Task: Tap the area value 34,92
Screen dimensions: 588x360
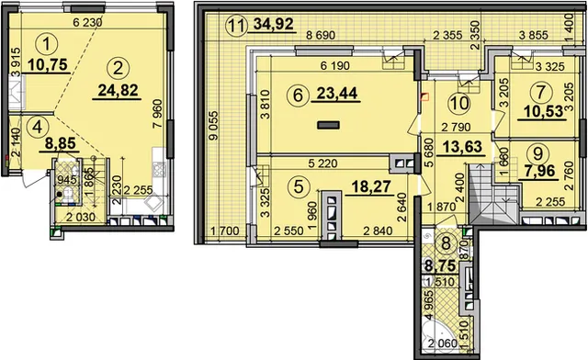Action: pyautogui.click(x=274, y=25)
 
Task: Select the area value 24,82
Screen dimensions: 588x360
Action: pyautogui.click(x=118, y=90)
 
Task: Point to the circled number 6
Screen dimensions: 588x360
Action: pyautogui.click(x=298, y=95)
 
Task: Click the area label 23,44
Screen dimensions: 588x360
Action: pyautogui.click(x=336, y=94)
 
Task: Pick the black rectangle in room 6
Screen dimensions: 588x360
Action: pyautogui.click(x=329, y=125)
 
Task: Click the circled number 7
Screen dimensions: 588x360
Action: pyautogui.click(x=540, y=92)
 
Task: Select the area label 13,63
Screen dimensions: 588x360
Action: pyautogui.click(x=462, y=146)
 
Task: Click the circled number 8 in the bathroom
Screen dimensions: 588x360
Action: pyautogui.click(x=446, y=243)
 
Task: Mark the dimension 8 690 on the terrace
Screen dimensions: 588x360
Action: pyautogui.click(x=321, y=35)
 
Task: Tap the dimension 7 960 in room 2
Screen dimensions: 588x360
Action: pyautogui.click(x=158, y=113)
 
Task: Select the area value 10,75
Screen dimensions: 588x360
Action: pyautogui.click(x=47, y=64)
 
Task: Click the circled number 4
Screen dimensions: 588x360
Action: pyautogui.click(x=37, y=128)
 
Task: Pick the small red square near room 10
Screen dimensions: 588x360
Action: pyautogui.click(x=424, y=97)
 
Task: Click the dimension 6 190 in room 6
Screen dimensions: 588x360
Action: pyautogui.click(x=334, y=66)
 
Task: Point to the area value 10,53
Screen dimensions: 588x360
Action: pyautogui.click(x=541, y=111)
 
